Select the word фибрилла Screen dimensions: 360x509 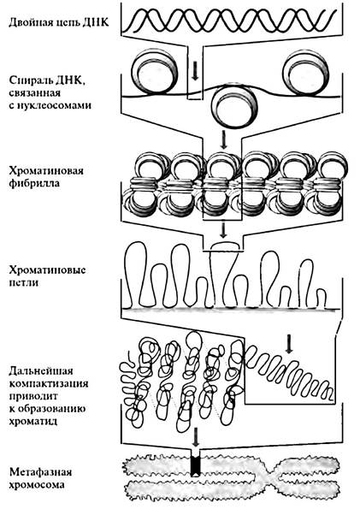pos(33,183)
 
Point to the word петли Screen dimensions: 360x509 pos(24,283)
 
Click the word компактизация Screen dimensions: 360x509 pos(49,383)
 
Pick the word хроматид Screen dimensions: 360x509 pos(33,422)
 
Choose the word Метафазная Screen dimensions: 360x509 pos(40,472)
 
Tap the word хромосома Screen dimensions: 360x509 pos(37,485)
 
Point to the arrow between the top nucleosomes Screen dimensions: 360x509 pos(195,71)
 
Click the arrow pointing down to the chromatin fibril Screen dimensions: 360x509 pos(223,139)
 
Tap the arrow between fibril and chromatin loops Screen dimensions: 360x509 pos(222,229)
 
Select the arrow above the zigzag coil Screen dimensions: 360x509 pos(289,344)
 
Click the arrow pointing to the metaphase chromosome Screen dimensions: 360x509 pos(195,436)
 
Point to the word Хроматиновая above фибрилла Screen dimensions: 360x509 pos(46,171)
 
